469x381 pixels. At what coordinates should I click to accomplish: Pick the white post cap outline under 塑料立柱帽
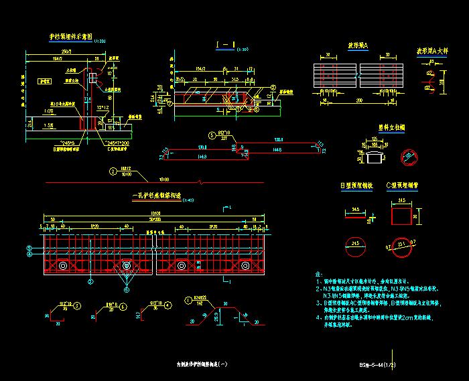[x=377, y=156]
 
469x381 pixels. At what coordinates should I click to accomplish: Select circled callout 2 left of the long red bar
[x=113, y=172]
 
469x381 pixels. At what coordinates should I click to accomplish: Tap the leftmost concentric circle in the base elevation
[x=62, y=266]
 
